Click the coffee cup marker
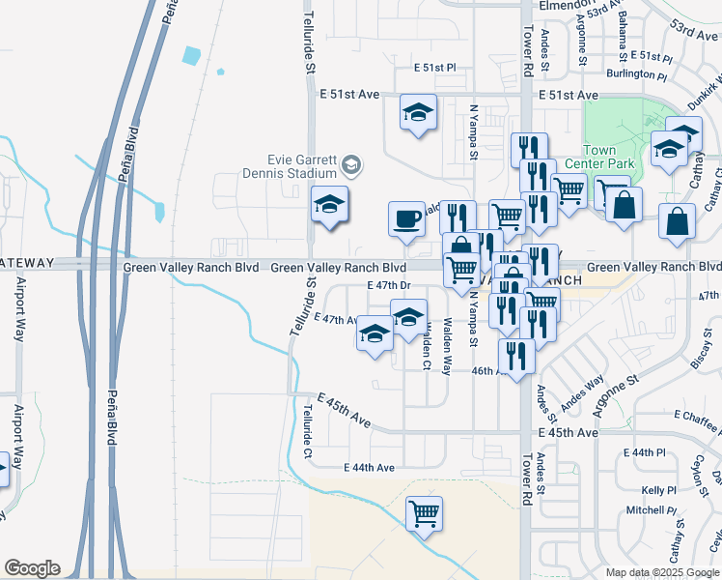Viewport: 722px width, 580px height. point(406,218)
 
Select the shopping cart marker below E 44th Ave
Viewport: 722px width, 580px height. point(424,512)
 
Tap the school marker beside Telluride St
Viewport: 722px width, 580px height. point(329,205)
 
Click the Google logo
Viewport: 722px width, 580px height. point(32,568)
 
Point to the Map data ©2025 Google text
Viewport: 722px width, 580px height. point(663,572)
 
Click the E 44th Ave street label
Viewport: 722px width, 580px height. point(370,468)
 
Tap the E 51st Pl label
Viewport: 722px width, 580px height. point(433,68)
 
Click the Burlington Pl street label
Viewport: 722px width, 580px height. point(636,73)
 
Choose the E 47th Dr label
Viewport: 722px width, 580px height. point(390,286)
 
